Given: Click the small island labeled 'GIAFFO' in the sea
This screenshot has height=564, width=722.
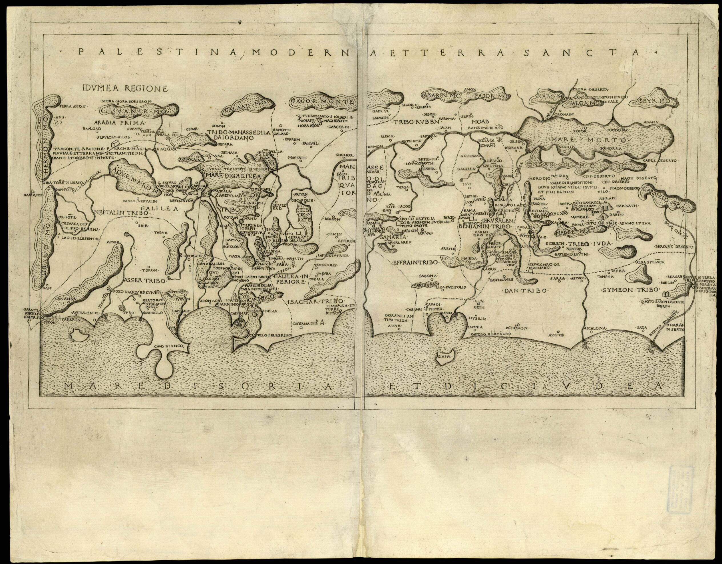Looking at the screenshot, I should [445, 357].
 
